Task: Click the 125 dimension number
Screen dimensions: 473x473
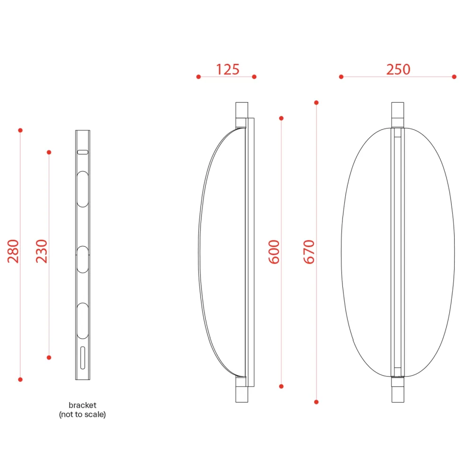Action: click(228, 70)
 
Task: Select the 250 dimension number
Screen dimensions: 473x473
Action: click(398, 70)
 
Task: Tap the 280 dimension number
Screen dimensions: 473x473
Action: click(13, 251)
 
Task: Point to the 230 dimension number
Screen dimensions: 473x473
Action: click(42, 251)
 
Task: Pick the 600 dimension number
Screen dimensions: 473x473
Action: click(274, 252)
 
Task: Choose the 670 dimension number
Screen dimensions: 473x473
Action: click(309, 252)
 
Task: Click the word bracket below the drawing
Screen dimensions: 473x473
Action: click(82, 405)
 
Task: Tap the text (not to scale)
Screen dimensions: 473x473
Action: click(82, 414)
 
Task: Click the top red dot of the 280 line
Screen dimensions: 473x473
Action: click(20, 131)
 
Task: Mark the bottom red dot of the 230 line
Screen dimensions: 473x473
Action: click(49, 358)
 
